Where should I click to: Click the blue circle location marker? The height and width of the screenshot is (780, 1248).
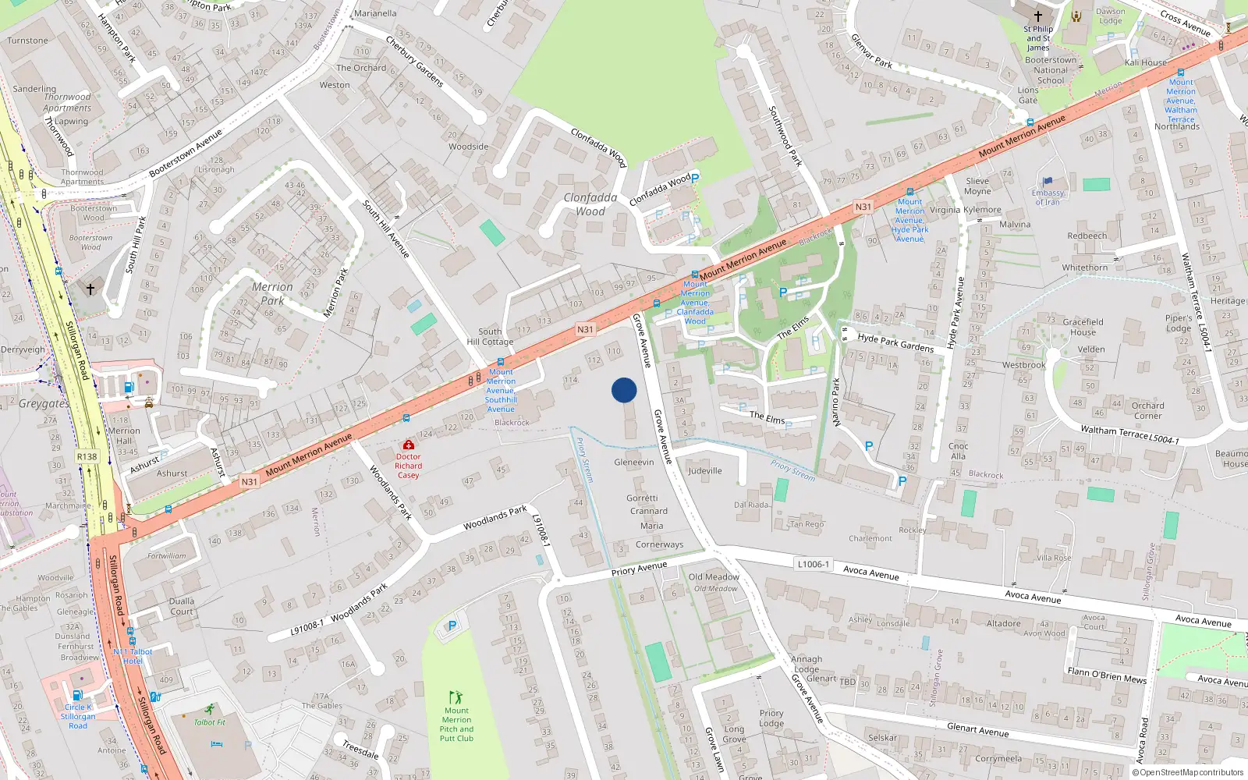624,390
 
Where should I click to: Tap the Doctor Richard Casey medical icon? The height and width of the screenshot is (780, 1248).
408,445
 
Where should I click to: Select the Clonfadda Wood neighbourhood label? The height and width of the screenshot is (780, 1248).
590,204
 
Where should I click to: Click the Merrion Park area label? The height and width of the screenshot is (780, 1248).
272,293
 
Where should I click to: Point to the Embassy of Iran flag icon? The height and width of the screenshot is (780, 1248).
1048,182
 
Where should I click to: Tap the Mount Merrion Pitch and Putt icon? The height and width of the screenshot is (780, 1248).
456,697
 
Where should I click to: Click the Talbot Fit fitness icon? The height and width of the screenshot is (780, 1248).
209,709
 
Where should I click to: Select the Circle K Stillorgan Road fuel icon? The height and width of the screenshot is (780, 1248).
77,695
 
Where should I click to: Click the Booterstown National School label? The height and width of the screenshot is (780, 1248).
1051,70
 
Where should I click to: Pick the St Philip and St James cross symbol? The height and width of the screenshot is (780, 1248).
1038,16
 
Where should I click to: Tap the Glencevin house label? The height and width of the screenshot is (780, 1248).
633,462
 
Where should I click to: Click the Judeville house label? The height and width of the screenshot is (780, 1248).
705,470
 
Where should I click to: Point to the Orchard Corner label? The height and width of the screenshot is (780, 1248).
1147,410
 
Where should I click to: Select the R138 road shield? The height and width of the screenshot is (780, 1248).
87,457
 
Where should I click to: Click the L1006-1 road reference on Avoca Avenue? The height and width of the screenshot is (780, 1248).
814,564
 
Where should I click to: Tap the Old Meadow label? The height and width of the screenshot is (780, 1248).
714,577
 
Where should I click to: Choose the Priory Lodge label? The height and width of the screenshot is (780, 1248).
771,718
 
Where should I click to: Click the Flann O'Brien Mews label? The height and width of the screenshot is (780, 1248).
1107,675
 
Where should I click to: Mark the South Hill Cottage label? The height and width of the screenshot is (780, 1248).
490,336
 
